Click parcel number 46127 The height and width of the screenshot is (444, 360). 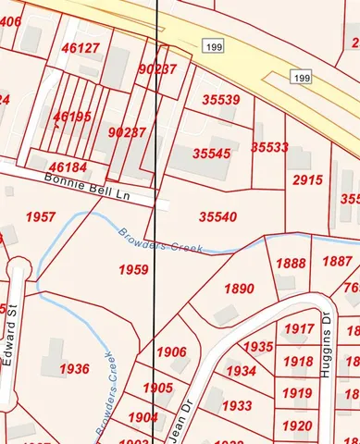[81, 48]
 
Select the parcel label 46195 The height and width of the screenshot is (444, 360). [72, 117]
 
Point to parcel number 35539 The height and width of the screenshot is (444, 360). [220, 100]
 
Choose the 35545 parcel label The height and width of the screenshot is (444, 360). [212, 154]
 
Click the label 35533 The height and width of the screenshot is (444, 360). [269, 147]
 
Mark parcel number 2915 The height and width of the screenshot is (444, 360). [307, 179]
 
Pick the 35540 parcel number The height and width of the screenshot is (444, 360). [218, 216]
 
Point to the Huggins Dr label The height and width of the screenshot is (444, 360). [326, 328]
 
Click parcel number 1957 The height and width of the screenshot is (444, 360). [41, 216]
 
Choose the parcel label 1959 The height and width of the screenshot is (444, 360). [133, 269]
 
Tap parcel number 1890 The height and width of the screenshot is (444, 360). [238, 290]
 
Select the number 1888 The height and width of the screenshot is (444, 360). [291, 264]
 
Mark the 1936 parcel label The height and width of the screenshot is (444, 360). [74, 369]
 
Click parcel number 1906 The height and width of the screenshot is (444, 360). [171, 352]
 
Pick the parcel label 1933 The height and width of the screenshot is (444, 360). [237, 406]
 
